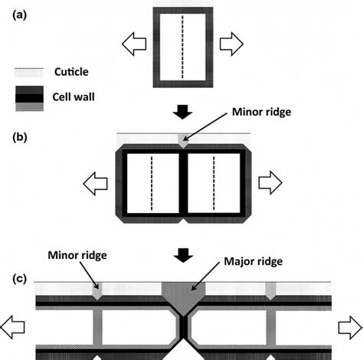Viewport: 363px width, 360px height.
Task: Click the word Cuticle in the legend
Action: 80,72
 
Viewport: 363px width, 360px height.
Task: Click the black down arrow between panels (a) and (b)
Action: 181,113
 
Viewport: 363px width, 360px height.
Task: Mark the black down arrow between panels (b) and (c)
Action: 181,251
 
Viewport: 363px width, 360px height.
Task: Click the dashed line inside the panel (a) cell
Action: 181,45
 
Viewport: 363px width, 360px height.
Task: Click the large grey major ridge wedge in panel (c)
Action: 181,293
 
